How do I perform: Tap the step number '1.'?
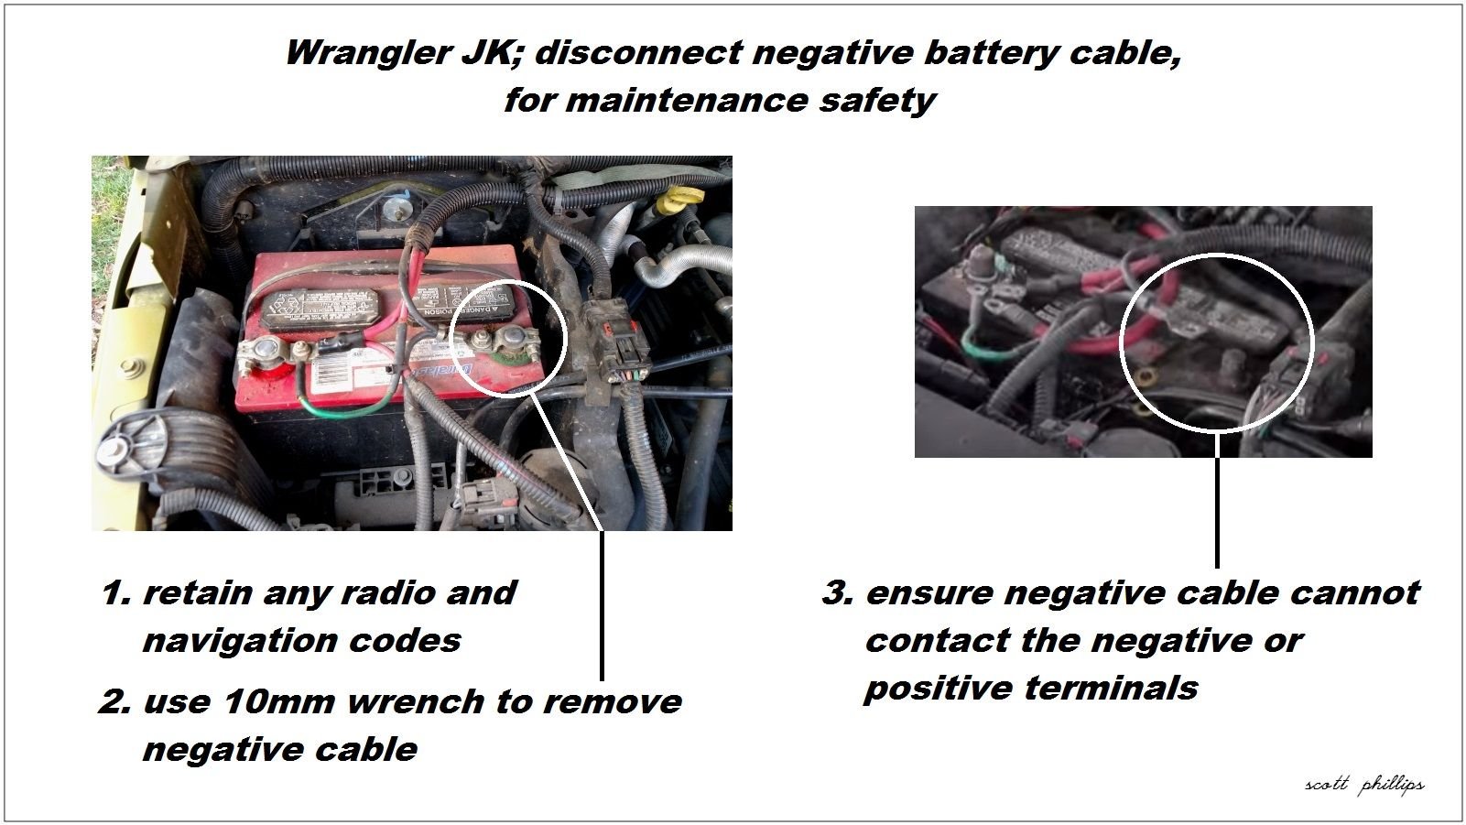pyautogui.click(x=116, y=593)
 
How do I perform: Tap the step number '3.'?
pyautogui.click(x=838, y=593)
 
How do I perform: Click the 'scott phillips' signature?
pyautogui.click(x=1364, y=785)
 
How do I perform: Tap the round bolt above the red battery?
pyautogui.click(x=396, y=209)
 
